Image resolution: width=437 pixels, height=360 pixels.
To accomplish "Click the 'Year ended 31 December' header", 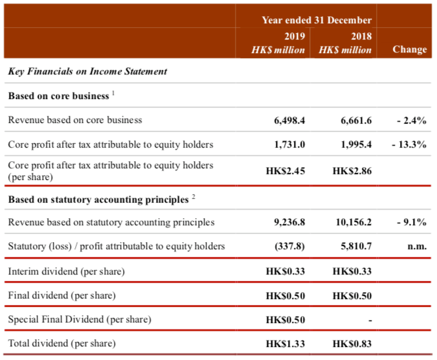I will [317, 20].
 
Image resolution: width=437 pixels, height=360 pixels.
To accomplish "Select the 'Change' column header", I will [410, 49].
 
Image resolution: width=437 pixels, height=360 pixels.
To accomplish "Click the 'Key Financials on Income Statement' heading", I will [87, 71].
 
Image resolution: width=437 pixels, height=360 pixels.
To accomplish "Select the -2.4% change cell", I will [411, 120].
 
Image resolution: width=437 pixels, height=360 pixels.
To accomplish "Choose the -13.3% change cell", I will [409, 144].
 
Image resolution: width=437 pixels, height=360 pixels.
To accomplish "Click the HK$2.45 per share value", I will [286, 171].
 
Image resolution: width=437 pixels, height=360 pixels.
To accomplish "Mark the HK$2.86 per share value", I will [352, 171].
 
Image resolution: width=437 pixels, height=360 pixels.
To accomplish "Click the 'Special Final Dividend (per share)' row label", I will [80, 319].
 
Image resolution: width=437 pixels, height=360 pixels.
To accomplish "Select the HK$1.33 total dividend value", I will [286, 343].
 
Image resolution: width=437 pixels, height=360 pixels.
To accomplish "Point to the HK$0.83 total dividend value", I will [352, 343].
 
